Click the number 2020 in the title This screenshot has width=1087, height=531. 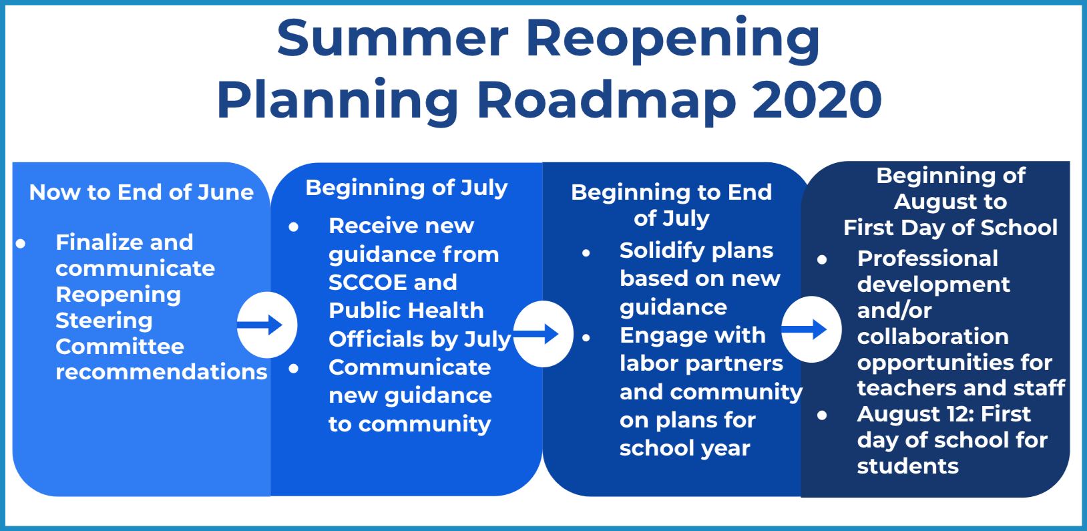point(817,100)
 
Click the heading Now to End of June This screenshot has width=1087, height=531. point(141,192)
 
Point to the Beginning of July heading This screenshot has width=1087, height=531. point(407,188)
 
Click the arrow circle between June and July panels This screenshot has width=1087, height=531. point(267,325)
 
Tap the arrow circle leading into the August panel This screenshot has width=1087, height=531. point(811,329)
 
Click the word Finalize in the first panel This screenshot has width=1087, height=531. point(124,242)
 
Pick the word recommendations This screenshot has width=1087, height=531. point(162,372)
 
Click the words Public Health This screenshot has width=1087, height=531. point(406,311)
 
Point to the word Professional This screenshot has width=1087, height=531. point(927,258)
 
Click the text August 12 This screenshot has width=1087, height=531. point(911,415)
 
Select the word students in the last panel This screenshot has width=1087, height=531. point(907,466)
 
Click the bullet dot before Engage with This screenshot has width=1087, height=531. point(586,337)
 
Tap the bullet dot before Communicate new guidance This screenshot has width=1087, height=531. point(293,369)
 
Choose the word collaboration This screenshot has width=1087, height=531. point(933,337)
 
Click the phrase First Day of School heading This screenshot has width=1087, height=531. point(950,228)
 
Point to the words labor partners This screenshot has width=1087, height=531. point(701,364)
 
